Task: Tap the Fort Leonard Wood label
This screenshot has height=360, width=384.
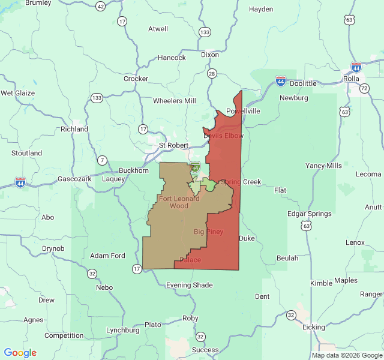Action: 179,202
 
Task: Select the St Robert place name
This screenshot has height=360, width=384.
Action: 173,145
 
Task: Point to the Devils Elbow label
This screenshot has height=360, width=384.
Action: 223,136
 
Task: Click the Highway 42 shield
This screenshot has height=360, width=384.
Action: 100,6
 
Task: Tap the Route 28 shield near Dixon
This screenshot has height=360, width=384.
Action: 211,73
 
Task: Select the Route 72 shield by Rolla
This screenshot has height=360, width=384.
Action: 364,88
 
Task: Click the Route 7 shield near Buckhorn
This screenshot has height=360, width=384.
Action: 103,160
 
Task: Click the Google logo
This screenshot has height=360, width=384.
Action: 20,353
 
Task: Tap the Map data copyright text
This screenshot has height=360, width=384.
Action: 347,355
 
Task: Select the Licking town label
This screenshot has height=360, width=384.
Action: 314,327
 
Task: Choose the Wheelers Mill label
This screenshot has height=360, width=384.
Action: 175,101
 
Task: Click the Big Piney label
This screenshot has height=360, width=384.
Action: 209,231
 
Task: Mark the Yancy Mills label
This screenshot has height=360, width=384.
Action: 323,166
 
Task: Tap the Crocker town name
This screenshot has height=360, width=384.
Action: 136,79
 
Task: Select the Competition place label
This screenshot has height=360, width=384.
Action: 64,335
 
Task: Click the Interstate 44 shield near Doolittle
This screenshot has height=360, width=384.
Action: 281,80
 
